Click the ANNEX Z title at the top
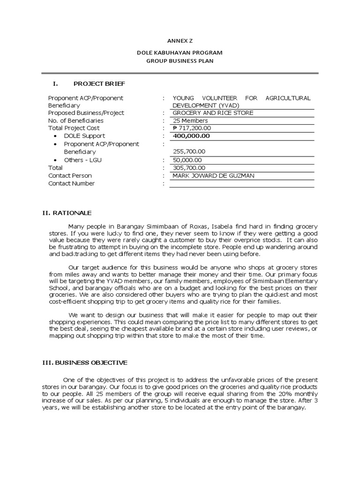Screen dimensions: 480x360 pyautogui.click(x=180, y=40)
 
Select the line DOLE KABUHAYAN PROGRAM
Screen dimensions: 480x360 pyautogui.click(x=180, y=53)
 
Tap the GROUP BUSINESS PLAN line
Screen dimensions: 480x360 pyautogui.click(x=180, y=61)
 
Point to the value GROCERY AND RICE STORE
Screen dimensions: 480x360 pyautogui.click(x=213, y=113)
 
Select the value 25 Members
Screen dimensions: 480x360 pyautogui.click(x=190, y=120)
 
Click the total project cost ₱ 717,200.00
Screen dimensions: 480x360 pyautogui.click(x=192, y=128)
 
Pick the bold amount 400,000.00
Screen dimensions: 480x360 pyautogui.click(x=191, y=136)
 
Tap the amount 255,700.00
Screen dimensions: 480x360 pyautogui.click(x=189, y=152)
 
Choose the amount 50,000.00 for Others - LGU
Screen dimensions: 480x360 pyautogui.click(x=187, y=160)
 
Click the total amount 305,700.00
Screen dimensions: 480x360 pyautogui.click(x=189, y=168)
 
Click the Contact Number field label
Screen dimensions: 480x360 pyautogui.click(x=71, y=184)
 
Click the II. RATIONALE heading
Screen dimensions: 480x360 pyautogui.click(x=67, y=213)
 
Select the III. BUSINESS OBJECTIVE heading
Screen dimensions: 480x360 pyautogui.click(x=85, y=362)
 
